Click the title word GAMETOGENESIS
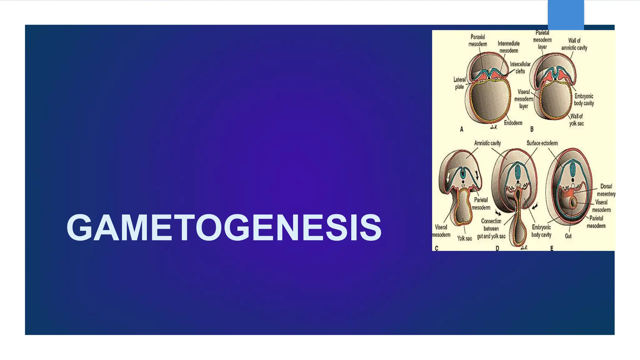click(x=224, y=227)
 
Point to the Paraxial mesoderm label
click(x=477, y=41)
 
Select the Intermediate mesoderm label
click(x=508, y=47)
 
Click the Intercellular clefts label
click(x=520, y=68)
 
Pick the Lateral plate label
click(x=459, y=83)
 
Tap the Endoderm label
click(x=513, y=123)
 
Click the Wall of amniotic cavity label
click(x=574, y=44)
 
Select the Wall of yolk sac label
click(x=576, y=120)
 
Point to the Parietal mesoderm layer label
click(x=542, y=40)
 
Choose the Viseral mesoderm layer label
click(x=524, y=99)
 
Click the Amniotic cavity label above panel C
click(x=487, y=143)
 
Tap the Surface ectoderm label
click(x=542, y=143)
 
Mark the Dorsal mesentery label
click(x=606, y=190)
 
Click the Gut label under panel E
click(x=568, y=236)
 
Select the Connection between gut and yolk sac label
click(x=491, y=229)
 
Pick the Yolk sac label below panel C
click(x=464, y=238)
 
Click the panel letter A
click(x=462, y=129)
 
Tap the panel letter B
click(x=532, y=129)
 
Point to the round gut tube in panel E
click(x=573, y=202)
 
